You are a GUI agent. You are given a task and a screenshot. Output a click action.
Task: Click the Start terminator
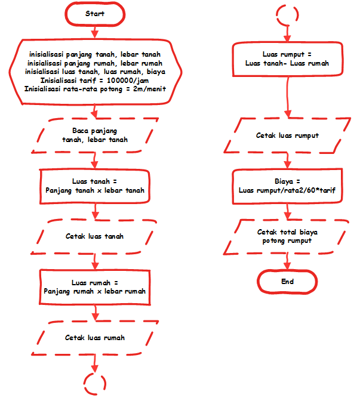tap(95, 13)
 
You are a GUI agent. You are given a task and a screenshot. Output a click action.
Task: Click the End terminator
tap(287, 281)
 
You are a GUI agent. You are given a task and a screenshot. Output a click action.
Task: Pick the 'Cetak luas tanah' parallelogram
tap(95, 236)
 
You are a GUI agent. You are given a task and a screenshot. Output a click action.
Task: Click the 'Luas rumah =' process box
tap(95, 287)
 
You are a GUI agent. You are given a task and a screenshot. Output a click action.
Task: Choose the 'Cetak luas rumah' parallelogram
tap(95, 338)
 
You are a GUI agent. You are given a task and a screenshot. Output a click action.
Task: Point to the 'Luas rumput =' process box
tap(287, 58)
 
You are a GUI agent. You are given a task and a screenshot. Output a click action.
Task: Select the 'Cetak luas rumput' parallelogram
tap(287, 135)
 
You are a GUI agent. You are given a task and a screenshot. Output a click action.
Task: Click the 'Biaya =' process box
tap(287, 186)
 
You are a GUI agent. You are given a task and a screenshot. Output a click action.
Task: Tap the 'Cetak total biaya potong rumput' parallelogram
tap(287, 236)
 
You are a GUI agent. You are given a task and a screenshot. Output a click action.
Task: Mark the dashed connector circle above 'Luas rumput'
tap(287, 13)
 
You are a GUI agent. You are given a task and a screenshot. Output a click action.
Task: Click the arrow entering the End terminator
tap(287, 260)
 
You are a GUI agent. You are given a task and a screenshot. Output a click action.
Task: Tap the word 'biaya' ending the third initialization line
tap(155, 72)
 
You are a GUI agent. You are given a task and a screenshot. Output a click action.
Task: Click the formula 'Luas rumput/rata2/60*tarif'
tap(287, 190)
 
